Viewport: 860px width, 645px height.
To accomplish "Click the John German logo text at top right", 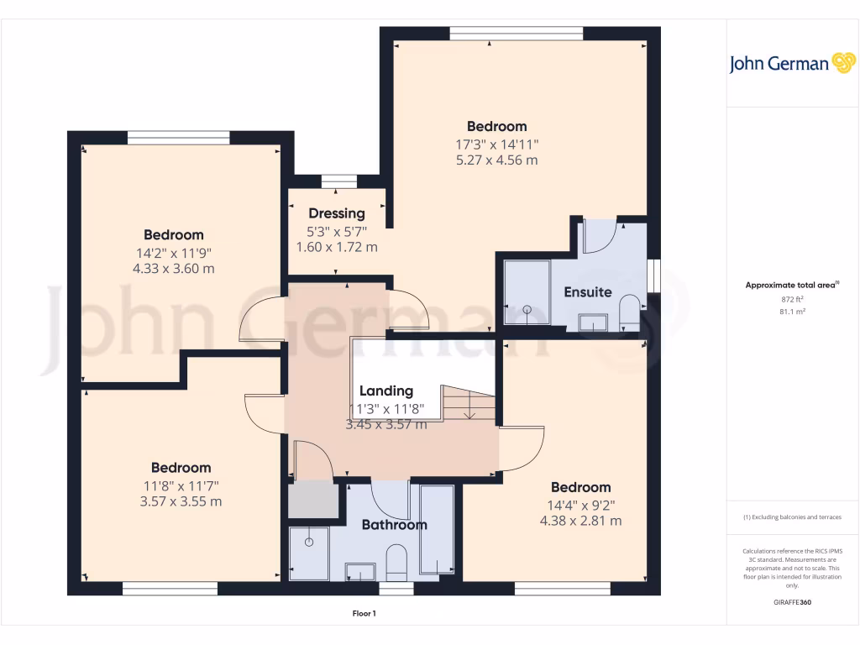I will point(779,64).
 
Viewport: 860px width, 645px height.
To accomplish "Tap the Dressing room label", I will point(337,213).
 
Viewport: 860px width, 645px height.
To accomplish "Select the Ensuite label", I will point(588,292).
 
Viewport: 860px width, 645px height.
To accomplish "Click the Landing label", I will point(386,391).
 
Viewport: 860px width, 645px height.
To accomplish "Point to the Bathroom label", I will point(394,525).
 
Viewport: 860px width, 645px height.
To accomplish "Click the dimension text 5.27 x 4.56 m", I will point(496,160).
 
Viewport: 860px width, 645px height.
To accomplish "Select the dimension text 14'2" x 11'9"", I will point(173,252).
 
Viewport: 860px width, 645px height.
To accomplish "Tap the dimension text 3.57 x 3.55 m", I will point(181,501).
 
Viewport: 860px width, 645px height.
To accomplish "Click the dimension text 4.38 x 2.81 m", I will point(580,521).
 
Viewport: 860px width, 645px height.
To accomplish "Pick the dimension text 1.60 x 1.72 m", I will point(337,247).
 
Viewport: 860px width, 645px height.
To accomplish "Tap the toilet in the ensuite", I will point(629,315).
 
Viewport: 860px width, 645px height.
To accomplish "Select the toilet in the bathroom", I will point(396,561).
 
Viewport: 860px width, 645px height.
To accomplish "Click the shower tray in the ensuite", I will point(527,292).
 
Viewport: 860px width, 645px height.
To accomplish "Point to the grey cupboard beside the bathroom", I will point(312,501).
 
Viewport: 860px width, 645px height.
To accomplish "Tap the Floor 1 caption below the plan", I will point(364,614).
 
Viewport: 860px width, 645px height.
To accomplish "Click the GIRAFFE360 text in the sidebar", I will point(793,602).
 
